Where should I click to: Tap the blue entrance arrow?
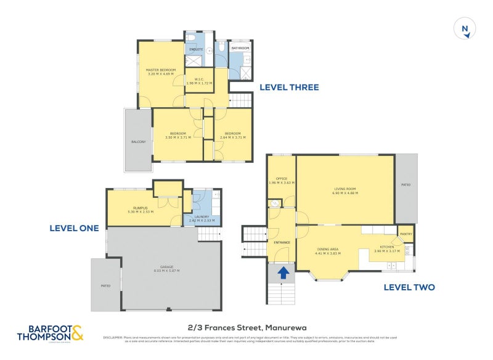point(283,272)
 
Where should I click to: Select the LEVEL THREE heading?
point(289,88)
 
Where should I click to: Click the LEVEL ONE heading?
point(74,228)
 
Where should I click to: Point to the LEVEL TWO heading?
point(409,287)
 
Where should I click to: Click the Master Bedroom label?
point(161,70)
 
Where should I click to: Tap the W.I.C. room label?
point(199,79)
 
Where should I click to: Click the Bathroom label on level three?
point(240,48)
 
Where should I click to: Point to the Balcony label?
point(139,142)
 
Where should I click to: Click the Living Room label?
point(345,189)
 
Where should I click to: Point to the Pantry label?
point(405,234)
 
